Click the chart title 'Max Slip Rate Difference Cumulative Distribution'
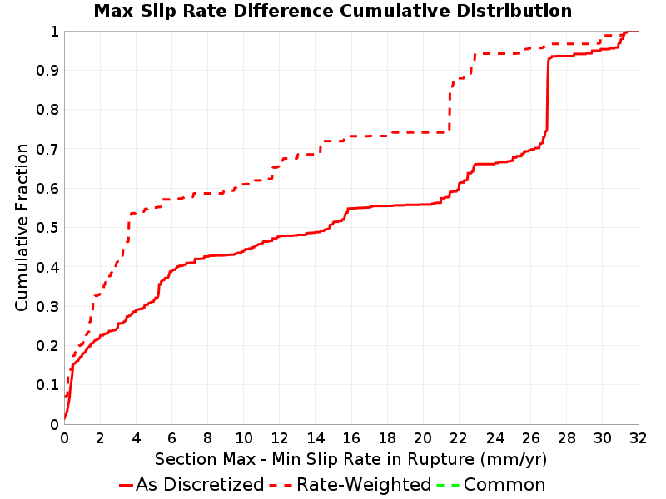tap(333, 11)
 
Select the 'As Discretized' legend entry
tap(191, 484)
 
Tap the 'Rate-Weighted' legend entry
tap(350, 484)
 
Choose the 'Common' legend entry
tap(491, 484)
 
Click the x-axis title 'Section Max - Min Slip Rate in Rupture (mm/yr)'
tap(350, 459)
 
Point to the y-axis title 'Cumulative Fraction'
tap(22, 227)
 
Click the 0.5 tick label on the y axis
tap(47, 228)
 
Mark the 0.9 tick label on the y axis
tap(47, 71)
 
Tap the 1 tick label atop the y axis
tap(54, 32)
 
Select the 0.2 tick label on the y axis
tap(47, 346)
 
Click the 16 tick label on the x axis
tap(351, 438)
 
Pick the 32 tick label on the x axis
tap(638, 438)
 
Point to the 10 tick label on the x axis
tap(244, 438)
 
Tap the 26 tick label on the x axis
tap(530, 438)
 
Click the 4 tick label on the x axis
tap(136, 438)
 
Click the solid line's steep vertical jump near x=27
tap(548, 93)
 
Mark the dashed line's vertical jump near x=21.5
tap(450, 106)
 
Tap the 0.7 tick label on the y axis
tap(47, 150)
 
